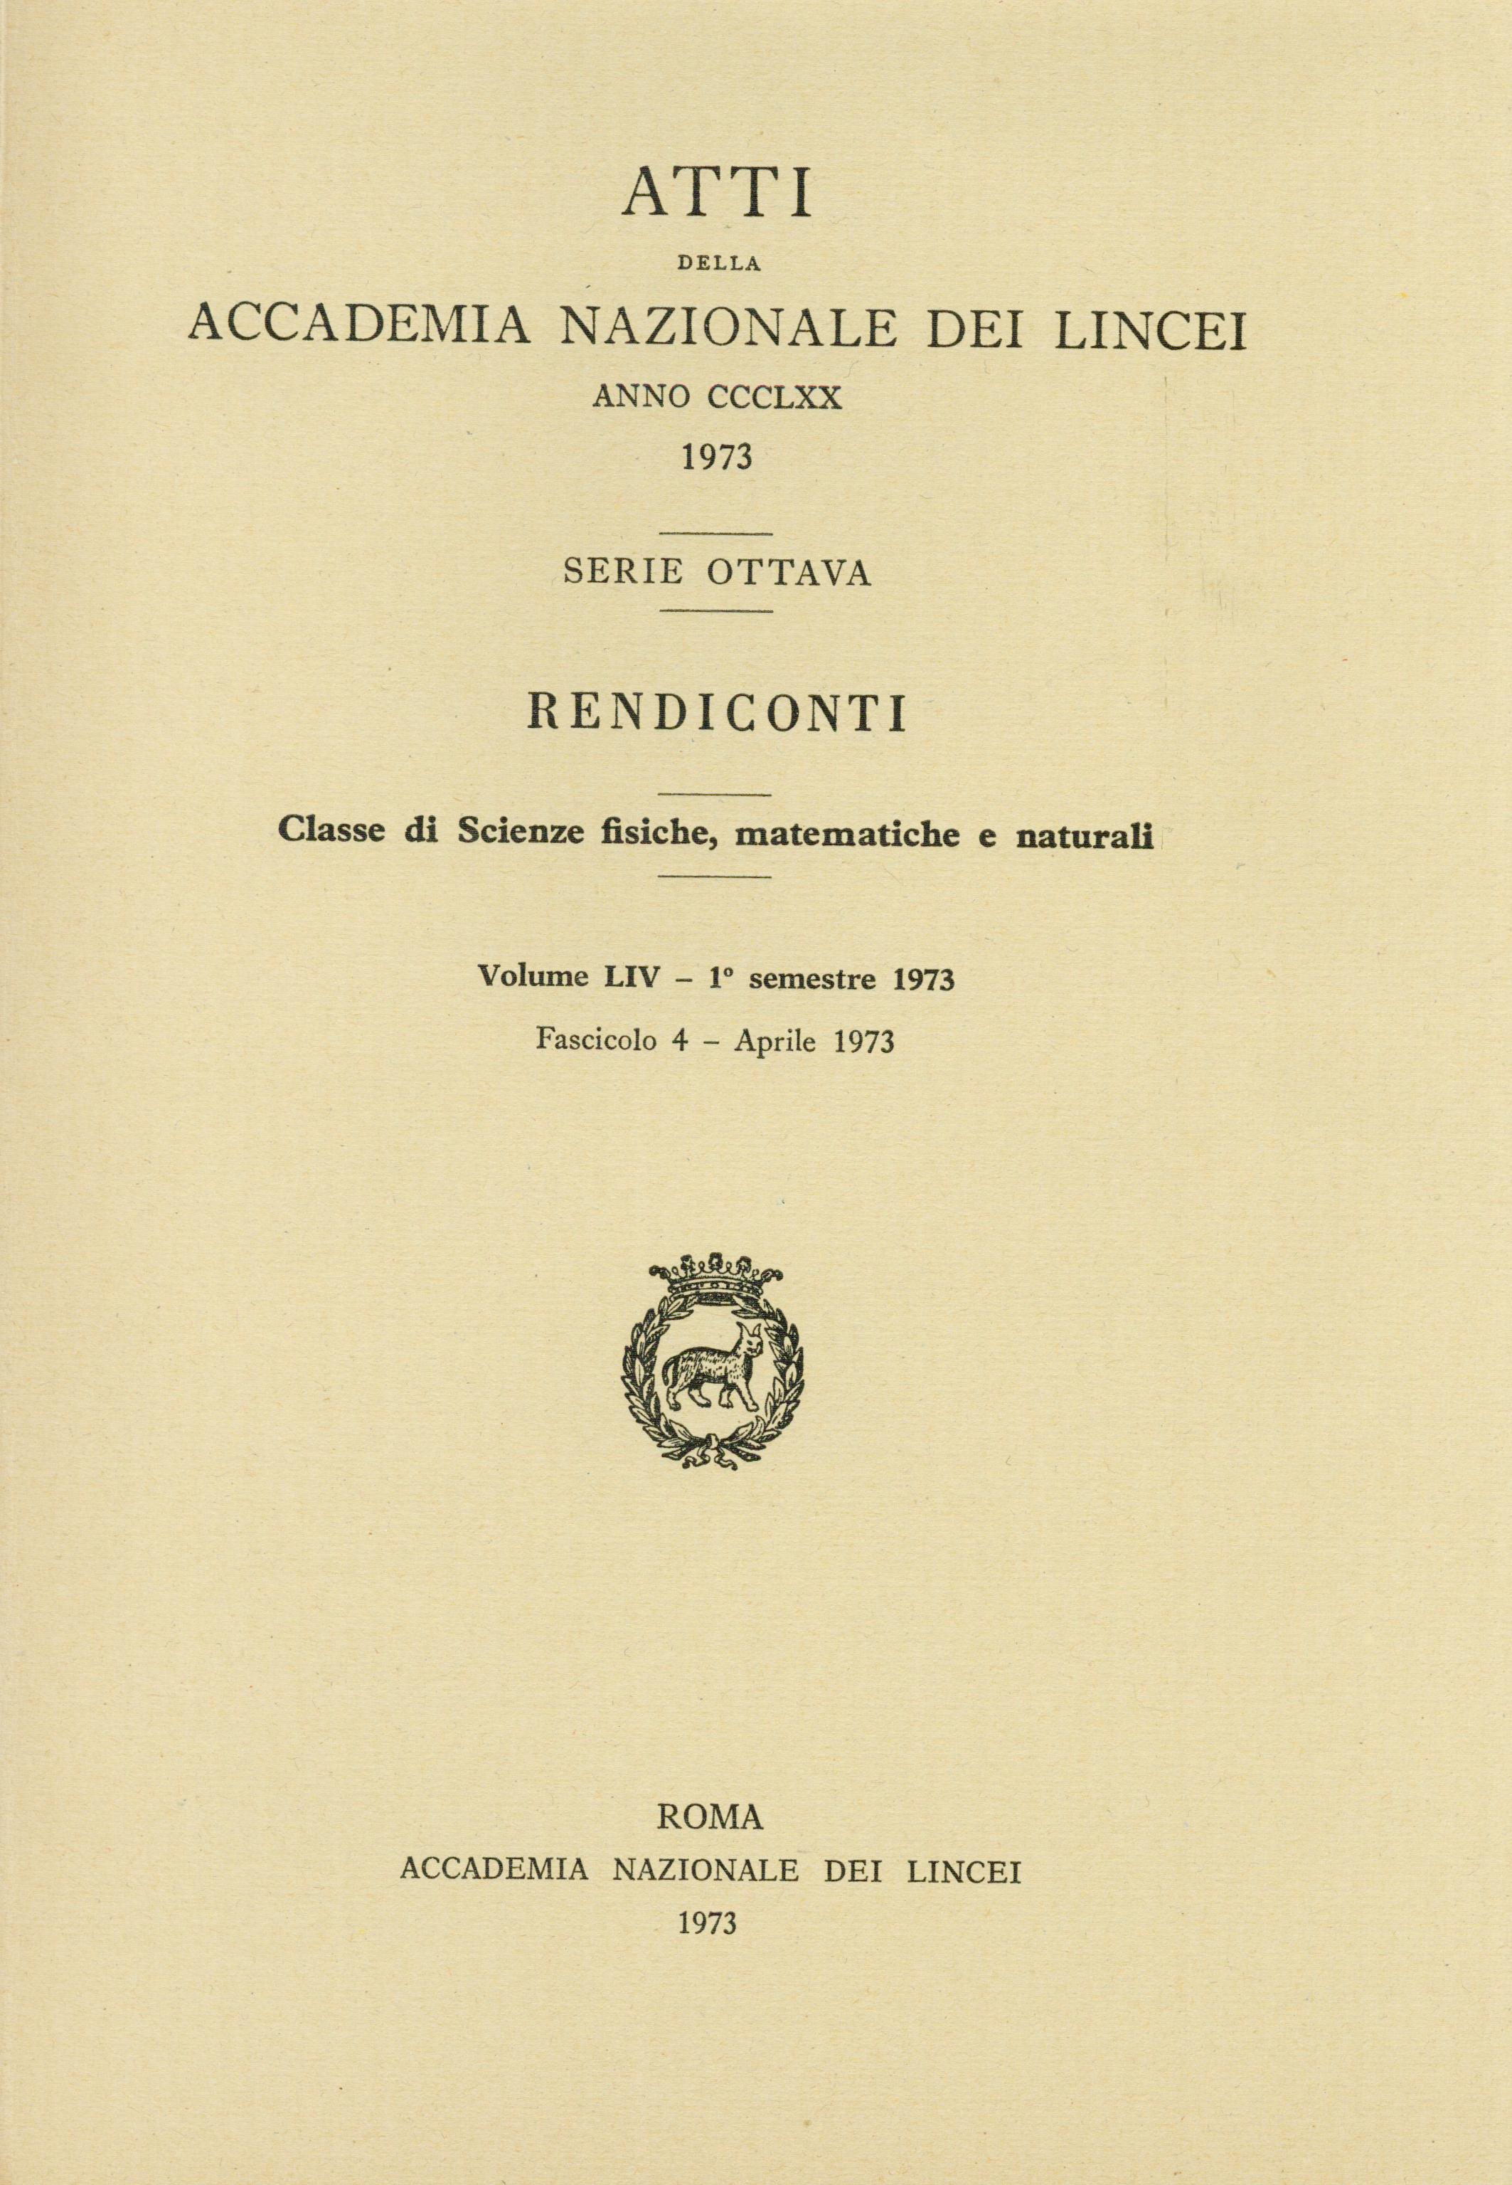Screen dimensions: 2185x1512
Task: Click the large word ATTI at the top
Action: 716,194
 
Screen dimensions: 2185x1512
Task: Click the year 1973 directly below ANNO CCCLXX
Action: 716,457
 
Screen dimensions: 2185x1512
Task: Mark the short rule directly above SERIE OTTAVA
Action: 716,536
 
